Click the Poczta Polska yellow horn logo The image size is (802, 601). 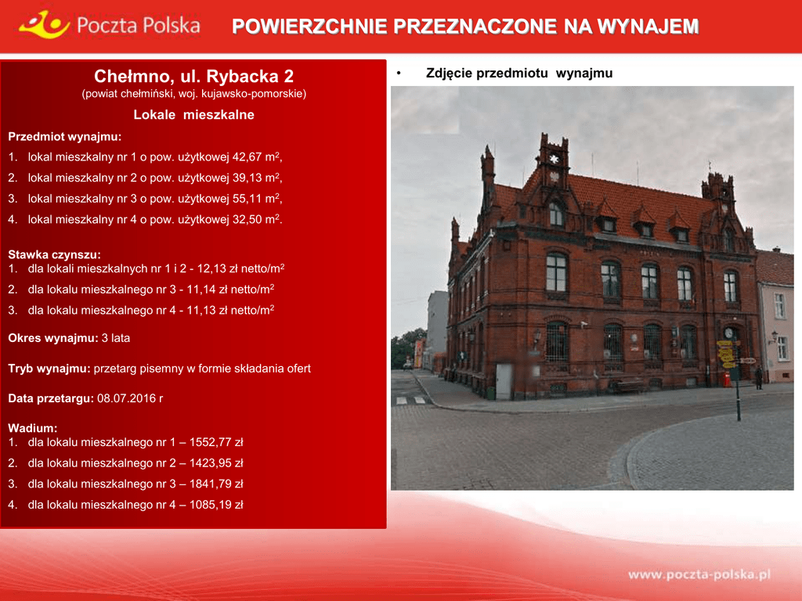tap(44, 25)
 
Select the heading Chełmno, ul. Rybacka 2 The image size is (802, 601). tap(194, 76)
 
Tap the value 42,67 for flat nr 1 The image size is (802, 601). tap(247, 157)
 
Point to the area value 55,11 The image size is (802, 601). tap(247, 198)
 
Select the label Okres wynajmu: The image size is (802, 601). tap(53, 338)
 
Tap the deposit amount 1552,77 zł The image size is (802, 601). tap(216, 442)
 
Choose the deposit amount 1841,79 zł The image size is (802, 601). tap(216, 484)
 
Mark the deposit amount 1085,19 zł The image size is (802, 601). tap(216, 505)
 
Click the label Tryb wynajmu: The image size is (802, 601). tap(49, 369)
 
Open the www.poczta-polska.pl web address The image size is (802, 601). tap(699, 574)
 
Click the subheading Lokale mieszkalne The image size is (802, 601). tap(194, 114)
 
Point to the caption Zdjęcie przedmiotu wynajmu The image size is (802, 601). tap(519, 73)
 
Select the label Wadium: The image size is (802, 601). tap(33, 428)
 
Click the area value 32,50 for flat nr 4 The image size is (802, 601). tap(247, 219)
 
